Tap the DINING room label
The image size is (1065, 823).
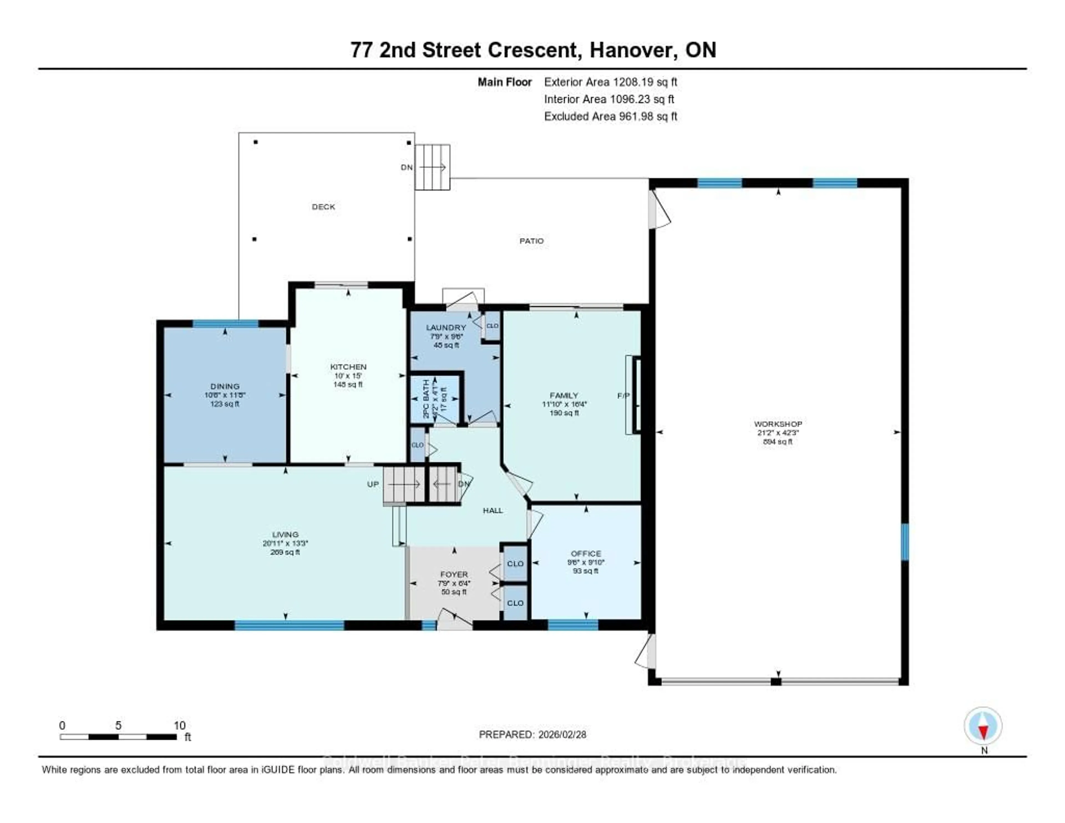tap(225, 386)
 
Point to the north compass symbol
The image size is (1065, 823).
tap(983, 726)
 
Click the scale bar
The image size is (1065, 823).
tap(118, 737)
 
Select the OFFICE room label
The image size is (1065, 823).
tap(586, 553)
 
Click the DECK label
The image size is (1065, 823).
tap(323, 207)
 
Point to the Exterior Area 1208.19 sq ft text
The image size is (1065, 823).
tap(610, 82)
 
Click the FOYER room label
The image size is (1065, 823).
tap(453, 574)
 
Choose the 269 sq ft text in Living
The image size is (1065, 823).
tap(285, 552)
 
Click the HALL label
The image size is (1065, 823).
tap(493, 510)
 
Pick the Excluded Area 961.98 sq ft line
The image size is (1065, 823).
tap(610, 116)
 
